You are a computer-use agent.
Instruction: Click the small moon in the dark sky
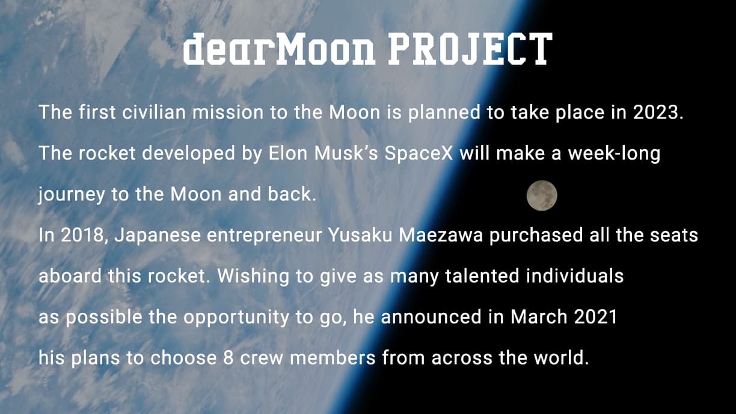pos(542,196)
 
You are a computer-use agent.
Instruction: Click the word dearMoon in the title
pos(279,49)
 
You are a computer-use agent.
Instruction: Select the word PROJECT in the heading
pos(470,49)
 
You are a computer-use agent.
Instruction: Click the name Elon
pos(288,153)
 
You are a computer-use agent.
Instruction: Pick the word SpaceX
pos(419,153)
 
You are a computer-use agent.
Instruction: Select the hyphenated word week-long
pos(614,154)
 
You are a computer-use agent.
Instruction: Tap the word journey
pos(72,195)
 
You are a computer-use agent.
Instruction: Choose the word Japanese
pos(158,236)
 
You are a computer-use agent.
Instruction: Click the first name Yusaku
pos(360,235)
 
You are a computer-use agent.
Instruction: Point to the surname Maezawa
pos(441,235)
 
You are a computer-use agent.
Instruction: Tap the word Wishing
pos(253,277)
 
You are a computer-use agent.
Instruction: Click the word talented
pos(482,276)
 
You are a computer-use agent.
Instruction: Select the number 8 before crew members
pos(228,358)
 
